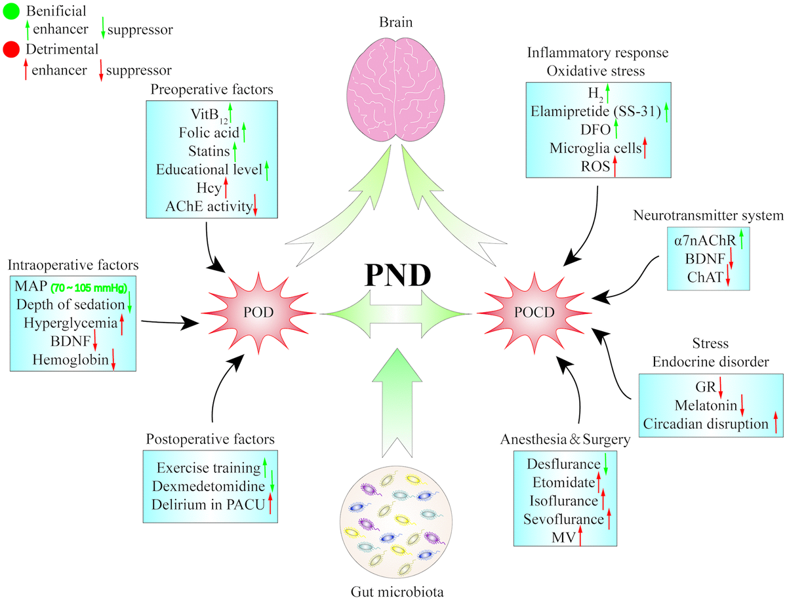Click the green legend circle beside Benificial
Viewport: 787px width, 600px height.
(11, 12)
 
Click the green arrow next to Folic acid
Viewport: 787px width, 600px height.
(243, 132)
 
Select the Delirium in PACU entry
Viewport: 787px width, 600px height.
(209, 505)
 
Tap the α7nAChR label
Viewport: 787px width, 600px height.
(704, 241)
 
